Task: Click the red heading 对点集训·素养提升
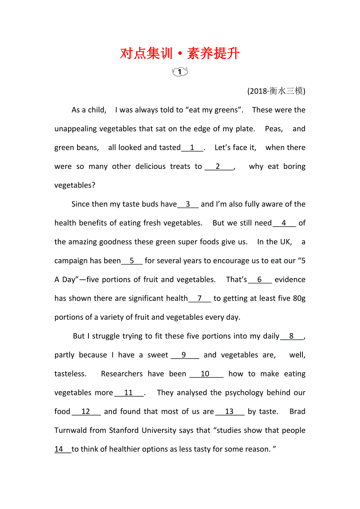click(180, 53)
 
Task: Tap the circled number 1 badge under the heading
click(180, 72)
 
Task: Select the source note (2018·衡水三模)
click(276, 91)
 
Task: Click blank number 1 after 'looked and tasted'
click(192, 148)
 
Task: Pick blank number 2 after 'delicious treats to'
click(218, 167)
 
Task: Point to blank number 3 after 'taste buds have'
click(188, 204)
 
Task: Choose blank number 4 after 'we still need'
click(284, 223)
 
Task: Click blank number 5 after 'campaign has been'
click(132, 261)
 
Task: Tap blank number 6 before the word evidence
click(259, 280)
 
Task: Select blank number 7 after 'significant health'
click(200, 298)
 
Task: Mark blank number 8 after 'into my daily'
click(292, 336)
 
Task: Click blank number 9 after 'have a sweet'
click(184, 355)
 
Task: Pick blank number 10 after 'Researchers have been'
click(205, 374)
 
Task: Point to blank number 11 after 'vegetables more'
click(129, 393)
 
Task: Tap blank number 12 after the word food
click(86, 412)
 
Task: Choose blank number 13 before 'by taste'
click(230, 412)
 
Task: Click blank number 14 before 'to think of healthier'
click(59, 449)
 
